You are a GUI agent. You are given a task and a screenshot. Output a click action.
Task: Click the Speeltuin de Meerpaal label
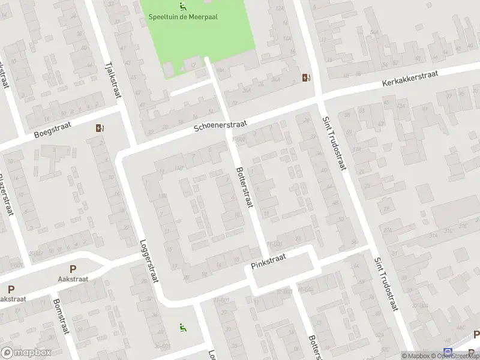pos(182,17)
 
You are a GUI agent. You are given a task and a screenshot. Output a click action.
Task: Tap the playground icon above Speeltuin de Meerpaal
pos(182,7)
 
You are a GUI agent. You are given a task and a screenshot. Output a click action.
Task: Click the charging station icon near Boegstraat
pos(99,128)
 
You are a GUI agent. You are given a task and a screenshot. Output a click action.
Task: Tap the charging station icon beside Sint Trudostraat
pos(306,77)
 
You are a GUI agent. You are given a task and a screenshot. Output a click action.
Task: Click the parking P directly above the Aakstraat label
pos(73,269)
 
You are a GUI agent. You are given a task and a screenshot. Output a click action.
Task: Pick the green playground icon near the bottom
pos(182,327)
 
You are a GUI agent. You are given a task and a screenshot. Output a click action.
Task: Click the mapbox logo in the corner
pos(24,353)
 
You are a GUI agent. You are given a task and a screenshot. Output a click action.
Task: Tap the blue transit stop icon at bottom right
pos(447,352)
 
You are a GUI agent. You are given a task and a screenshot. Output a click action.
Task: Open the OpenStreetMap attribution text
pos(460,356)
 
